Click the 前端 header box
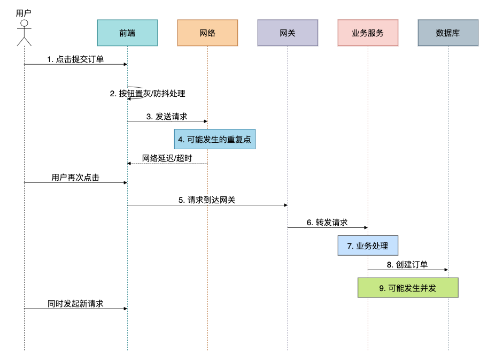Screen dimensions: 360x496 [127, 33]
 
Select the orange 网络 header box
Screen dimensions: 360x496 [207, 33]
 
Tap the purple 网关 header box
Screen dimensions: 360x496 [288, 33]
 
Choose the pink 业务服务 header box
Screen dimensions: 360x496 [368, 33]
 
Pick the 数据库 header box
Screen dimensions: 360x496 [448, 33]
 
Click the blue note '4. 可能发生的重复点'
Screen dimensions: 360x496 [214, 139]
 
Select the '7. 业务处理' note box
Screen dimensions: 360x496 [368, 246]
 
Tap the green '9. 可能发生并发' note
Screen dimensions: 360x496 [408, 288]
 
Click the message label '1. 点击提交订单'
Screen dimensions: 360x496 [75, 59]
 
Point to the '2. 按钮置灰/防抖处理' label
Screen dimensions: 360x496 [148, 94]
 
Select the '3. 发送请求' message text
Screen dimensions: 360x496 [167, 116]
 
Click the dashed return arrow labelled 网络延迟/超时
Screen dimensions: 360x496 [167, 163]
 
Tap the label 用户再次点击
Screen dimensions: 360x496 [75, 178]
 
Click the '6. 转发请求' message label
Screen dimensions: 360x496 [327, 223]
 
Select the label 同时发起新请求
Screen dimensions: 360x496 [75, 303]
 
